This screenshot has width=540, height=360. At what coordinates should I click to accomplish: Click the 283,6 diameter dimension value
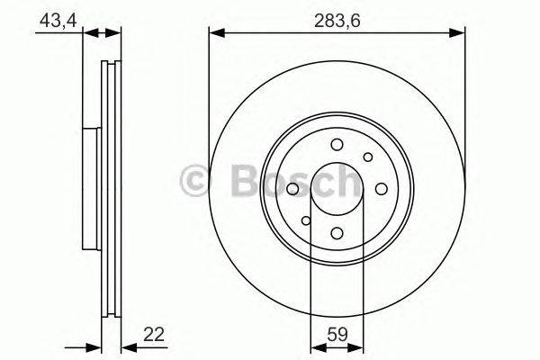click(x=337, y=19)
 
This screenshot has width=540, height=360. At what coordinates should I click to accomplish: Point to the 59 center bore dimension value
click(x=337, y=337)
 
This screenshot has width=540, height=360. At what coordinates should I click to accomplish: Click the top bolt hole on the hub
click(x=337, y=146)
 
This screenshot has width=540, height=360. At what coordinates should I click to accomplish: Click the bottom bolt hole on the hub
click(x=337, y=233)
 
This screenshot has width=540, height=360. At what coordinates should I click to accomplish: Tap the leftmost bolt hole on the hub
click(x=293, y=189)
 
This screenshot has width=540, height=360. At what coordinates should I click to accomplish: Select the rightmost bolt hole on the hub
click(x=381, y=189)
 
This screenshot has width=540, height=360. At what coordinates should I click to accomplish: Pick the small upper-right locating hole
click(x=368, y=158)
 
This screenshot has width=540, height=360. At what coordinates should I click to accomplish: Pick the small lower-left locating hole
click(x=306, y=220)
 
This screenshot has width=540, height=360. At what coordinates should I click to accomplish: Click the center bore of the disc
click(x=337, y=189)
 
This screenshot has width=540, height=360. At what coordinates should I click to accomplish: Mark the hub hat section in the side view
click(x=90, y=189)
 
